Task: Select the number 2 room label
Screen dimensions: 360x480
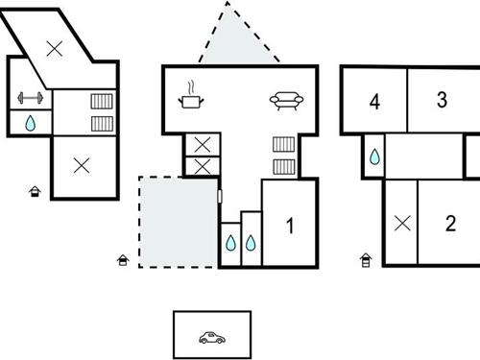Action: pyautogui.click(x=450, y=224)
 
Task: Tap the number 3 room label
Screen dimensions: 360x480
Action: pyautogui.click(x=442, y=99)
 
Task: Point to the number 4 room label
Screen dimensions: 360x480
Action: pyautogui.click(x=374, y=101)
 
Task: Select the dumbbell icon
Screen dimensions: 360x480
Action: pyautogui.click(x=30, y=99)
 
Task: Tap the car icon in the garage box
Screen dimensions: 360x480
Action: pyautogui.click(x=211, y=337)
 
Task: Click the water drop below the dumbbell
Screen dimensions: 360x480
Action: pyautogui.click(x=30, y=123)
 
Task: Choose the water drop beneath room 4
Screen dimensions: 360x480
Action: pyautogui.click(x=373, y=156)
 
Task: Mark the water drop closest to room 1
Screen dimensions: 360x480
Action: pyautogui.click(x=251, y=243)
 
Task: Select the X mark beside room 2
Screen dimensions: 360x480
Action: pyautogui.click(x=401, y=224)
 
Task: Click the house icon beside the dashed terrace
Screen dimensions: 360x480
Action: pyautogui.click(x=123, y=259)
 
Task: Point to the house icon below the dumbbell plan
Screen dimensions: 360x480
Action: pyautogui.click(x=36, y=192)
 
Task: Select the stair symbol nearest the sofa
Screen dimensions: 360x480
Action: pyautogui.click(x=283, y=145)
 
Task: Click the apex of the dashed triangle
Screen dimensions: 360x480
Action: pyautogui.click(x=228, y=4)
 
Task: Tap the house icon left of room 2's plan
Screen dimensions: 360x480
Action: pyautogui.click(x=366, y=259)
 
